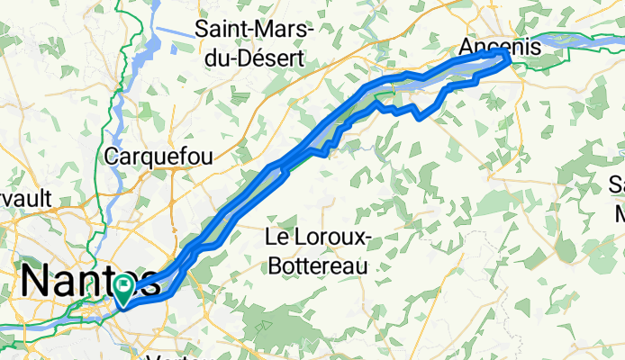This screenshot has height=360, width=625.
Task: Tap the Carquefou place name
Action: coord(159,156)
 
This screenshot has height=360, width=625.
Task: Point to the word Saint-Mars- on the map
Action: coord(254,30)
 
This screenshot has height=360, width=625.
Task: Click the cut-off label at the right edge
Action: coord(617,199)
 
